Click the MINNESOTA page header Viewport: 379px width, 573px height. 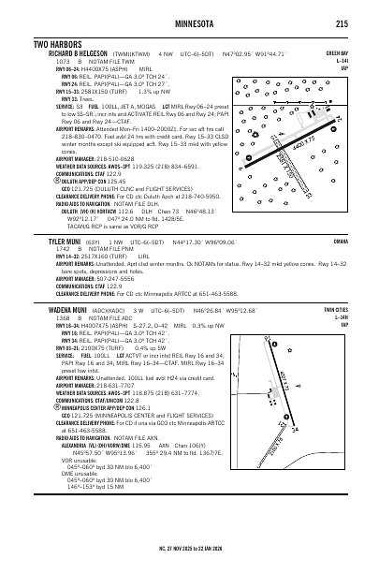click(190, 23)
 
